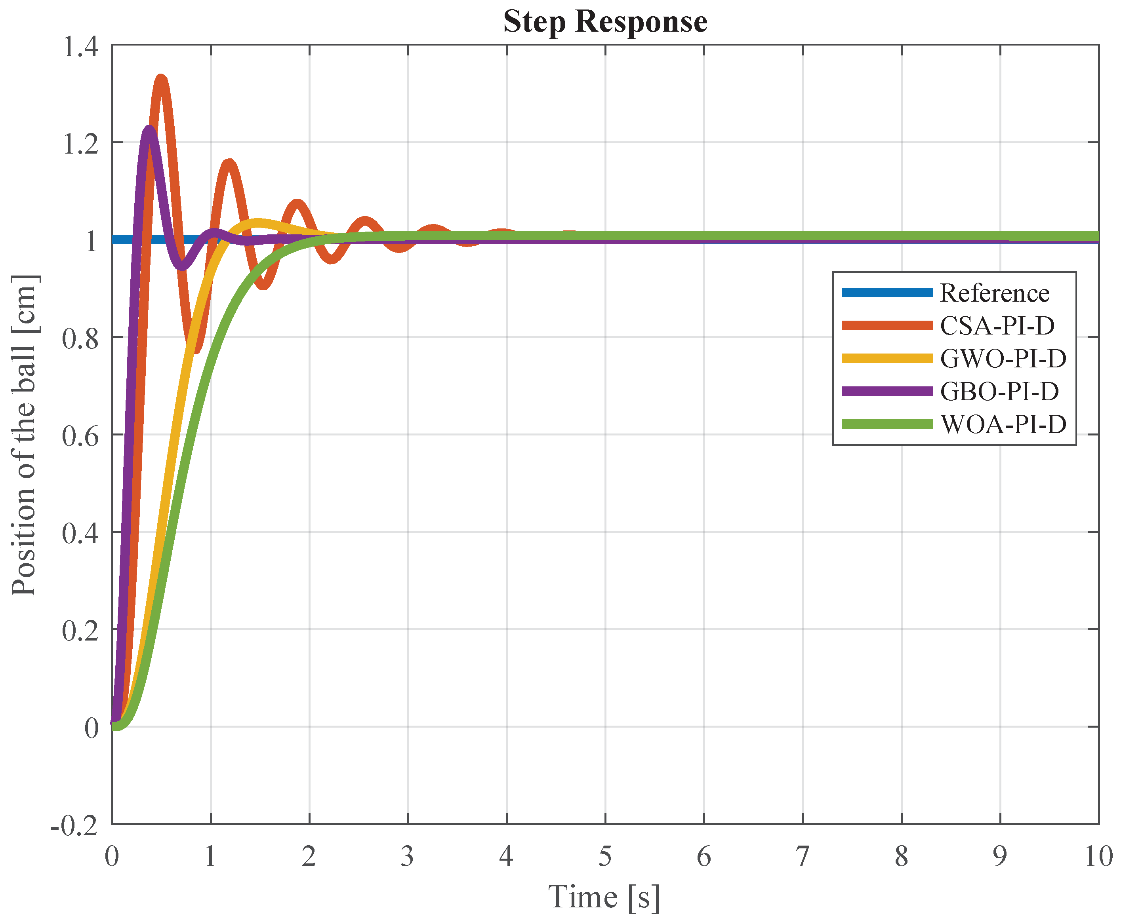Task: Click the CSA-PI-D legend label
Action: (997, 325)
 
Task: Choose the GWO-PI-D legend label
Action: (1003, 359)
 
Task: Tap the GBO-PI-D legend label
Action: (999, 392)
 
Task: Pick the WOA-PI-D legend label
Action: (1003, 424)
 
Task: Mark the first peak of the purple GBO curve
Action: (149, 129)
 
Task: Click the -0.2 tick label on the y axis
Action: (74, 826)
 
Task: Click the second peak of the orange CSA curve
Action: (229, 163)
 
